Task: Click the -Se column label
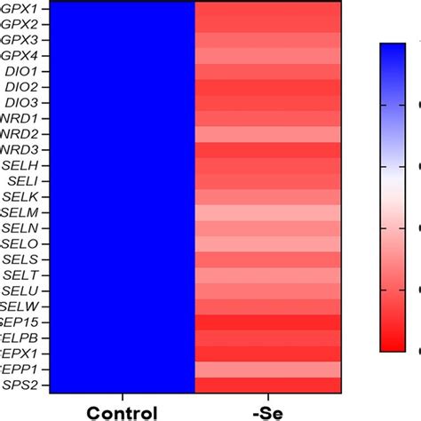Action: (268, 412)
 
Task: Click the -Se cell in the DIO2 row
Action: (268, 87)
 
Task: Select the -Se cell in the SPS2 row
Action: (268, 385)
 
